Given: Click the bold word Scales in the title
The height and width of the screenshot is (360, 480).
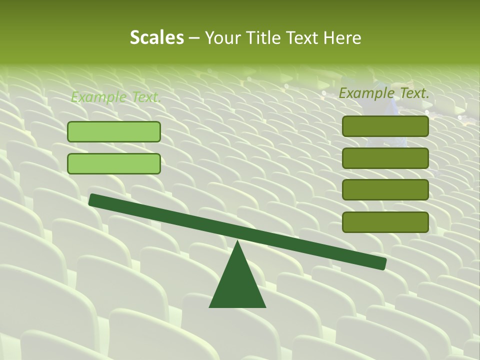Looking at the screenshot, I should point(156,37).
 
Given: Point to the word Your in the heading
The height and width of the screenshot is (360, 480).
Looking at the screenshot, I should point(222,38).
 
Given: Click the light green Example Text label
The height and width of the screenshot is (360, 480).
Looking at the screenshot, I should point(116,97).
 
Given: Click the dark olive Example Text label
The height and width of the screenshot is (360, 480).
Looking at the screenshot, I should point(384,93).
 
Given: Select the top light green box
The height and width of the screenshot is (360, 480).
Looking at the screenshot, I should point(114,131).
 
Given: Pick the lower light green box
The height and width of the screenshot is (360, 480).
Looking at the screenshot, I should point(114,163).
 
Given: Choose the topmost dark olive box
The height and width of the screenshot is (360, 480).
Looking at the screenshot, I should point(385,126).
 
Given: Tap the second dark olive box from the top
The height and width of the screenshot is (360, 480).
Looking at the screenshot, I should point(385,158).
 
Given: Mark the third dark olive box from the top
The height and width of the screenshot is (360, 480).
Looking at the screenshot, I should point(385,190).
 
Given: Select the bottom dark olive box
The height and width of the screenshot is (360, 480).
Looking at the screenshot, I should point(385,222).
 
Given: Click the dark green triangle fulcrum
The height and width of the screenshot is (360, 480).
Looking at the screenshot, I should point(237,285).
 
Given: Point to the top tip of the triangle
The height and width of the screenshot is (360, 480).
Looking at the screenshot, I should point(237,242).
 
